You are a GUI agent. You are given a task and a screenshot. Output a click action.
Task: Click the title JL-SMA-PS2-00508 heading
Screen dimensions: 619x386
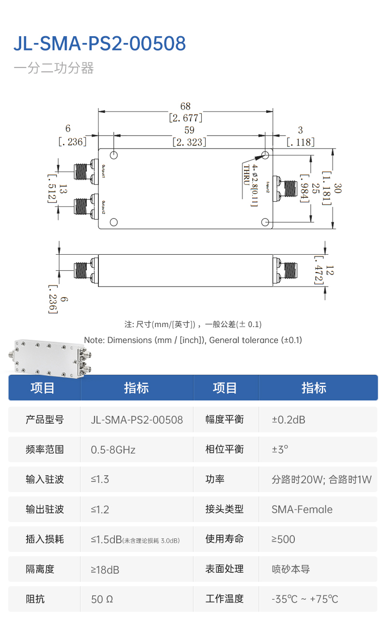coord(99,43)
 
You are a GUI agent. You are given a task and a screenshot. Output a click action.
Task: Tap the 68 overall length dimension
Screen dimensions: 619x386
coord(185,106)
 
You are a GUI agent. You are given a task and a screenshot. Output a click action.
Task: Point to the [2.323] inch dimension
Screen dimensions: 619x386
coord(190,142)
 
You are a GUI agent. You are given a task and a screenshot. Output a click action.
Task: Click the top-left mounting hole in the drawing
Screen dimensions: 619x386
coord(114,155)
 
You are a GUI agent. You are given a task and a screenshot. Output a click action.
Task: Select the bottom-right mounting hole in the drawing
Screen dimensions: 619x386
coord(265,221)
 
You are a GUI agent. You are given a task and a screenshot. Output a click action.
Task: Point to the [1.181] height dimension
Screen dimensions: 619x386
coord(327,188)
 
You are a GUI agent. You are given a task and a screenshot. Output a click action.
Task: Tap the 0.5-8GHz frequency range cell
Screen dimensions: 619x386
coord(113,450)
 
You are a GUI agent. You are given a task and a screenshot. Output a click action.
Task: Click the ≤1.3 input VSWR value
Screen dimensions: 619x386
coord(100,480)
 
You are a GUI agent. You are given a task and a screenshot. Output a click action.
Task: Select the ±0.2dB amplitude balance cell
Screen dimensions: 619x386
coord(289,420)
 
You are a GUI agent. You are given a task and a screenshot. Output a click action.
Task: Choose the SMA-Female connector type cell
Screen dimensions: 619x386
coord(302,509)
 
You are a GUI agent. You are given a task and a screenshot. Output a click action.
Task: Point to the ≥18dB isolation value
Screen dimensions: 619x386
coord(105,569)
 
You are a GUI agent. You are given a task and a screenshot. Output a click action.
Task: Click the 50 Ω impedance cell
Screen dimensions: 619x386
coord(102,599)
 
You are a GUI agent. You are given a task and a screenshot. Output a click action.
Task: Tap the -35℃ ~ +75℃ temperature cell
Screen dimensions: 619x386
coord(305,599)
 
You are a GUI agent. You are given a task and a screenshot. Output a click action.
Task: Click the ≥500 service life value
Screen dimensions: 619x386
coord(283,539)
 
